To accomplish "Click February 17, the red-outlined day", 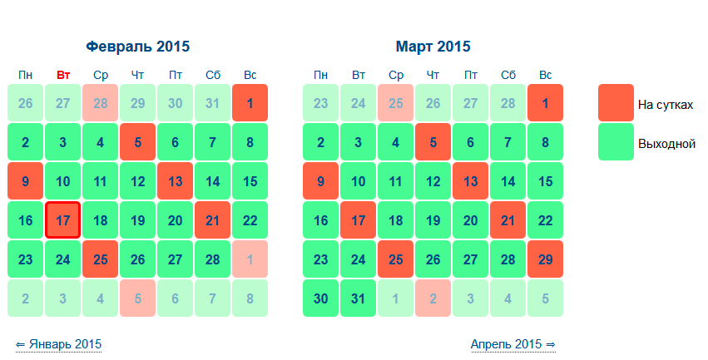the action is click(62, 220).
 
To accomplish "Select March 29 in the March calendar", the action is click(546, 259).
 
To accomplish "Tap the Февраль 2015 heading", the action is click(138, 47).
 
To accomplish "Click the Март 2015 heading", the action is click(433, 47).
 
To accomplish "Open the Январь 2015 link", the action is click(59, 344).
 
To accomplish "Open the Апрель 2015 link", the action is click(513, 344).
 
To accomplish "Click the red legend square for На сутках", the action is click(616, 103).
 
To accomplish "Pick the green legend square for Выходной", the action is click(616, 142).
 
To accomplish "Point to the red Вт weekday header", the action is click(63, 75).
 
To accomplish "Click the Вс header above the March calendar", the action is click(546, 75).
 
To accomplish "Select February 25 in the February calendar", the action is click(100, 259).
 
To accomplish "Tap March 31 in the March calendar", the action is click(358, 298).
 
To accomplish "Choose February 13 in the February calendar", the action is click(176, 181).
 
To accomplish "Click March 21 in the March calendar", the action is click(508, 220).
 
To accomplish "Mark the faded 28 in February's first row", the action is click(100, 103).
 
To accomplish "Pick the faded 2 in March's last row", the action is click(433, 298).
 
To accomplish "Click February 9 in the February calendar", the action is click(25, 181).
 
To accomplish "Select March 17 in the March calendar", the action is click(358, 220).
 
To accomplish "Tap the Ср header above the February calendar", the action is click(101, 76).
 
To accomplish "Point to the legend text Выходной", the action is click(666, 144).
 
